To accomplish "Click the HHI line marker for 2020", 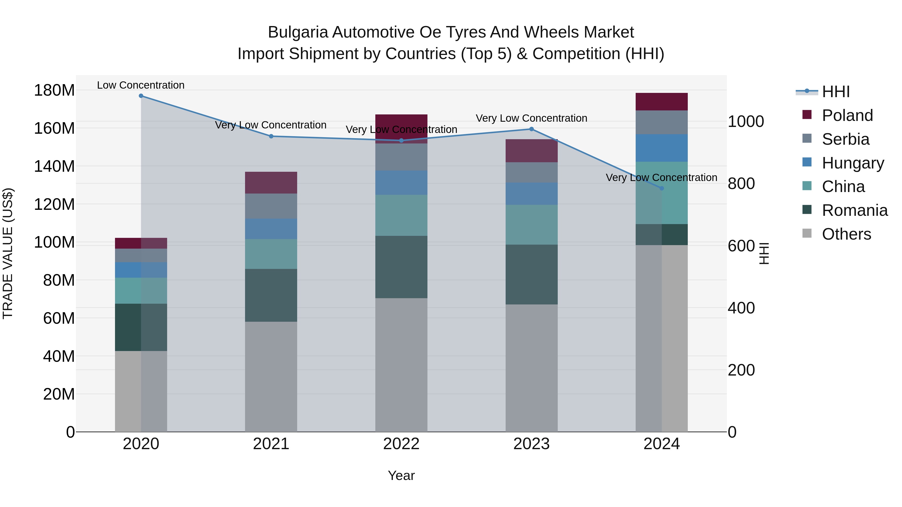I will (141, 96).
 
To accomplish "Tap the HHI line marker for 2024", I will (661, 188).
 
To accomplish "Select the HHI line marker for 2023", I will (531, 129).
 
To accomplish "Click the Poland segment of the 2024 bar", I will (661, 102).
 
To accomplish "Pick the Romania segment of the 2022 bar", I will (401, 267).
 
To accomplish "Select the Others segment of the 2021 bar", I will (271, 377).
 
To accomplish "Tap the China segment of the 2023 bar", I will (531, 225).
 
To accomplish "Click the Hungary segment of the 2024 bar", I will (661, 148).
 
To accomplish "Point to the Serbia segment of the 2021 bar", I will (271, 206).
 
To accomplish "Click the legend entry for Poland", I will (847, 115).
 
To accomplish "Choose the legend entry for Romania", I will (854, 210).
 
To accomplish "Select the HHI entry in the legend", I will (835, 92).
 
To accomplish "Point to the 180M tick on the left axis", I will (54, 90).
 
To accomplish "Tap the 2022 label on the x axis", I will (401, 444).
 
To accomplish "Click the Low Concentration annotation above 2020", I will (141, 85).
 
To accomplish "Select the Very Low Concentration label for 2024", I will (661, 178).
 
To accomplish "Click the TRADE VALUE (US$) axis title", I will (8, 253).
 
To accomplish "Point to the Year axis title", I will (401, 475).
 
